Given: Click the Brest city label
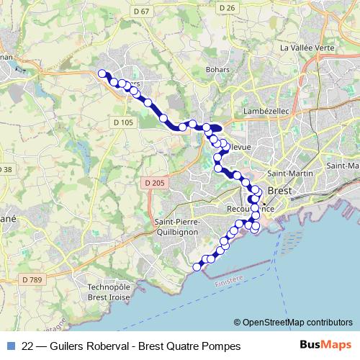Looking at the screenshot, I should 279,192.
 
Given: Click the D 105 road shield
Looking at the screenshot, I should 123,123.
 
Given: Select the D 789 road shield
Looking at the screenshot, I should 32,279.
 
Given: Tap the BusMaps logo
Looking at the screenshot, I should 327,346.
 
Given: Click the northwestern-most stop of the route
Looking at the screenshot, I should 102,72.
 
